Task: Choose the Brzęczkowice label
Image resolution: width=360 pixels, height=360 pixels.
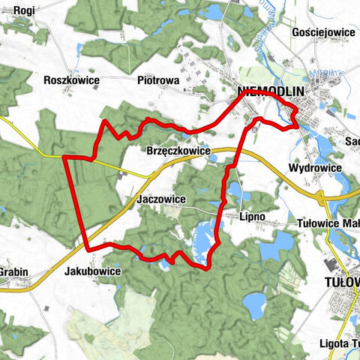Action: click(179, 151)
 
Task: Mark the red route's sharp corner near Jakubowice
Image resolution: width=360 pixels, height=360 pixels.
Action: click(88, 248)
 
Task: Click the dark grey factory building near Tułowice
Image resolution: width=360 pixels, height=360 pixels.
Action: click(329, 265)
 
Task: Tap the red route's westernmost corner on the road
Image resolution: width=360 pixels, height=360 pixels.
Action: click(65, 157)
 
